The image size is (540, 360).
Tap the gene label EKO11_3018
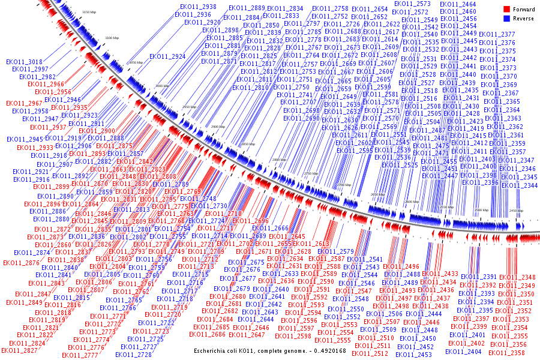pyautogui.click(x=24, y=62)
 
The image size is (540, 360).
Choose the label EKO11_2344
pyautogui.click(x=519, y=185)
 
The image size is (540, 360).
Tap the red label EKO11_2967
pyautogui.click(x=24, y=104)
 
